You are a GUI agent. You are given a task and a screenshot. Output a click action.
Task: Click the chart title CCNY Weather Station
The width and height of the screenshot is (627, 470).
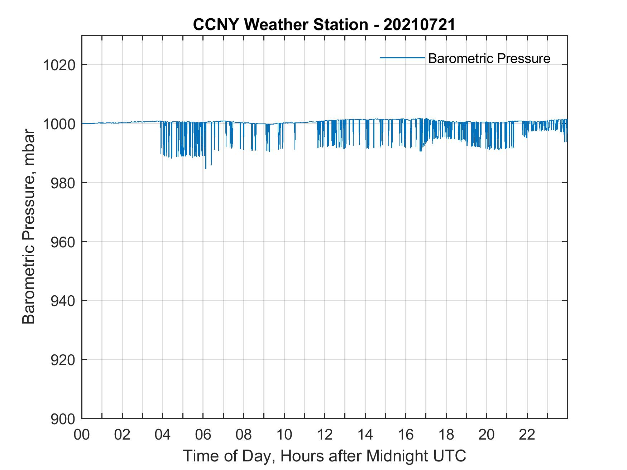[280, 25]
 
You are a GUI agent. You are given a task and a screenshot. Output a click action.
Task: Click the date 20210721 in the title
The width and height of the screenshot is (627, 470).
[419, 25]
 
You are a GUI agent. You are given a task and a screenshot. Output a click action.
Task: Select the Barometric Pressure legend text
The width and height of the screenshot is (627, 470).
[489, 58]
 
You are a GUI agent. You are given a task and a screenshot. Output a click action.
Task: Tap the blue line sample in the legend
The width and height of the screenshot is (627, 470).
[402, 58]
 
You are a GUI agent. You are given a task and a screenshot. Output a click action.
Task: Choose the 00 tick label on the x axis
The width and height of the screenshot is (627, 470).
[82, 435]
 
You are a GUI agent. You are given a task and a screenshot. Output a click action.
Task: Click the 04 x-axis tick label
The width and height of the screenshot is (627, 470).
[163, 435]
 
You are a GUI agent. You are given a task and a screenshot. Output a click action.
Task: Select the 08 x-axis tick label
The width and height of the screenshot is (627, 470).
[244, 435]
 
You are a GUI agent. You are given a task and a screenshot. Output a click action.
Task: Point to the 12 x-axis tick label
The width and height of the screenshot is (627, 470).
[325, 435]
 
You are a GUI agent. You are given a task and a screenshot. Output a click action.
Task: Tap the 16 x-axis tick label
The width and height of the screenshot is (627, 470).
[406, 435]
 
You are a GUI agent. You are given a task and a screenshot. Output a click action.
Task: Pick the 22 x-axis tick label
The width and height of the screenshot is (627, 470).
[527, 435]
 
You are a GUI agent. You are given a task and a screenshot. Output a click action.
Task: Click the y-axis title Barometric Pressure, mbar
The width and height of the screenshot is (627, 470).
[29, 227]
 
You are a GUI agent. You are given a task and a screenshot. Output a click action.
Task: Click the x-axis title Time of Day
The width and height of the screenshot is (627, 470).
[325, 456]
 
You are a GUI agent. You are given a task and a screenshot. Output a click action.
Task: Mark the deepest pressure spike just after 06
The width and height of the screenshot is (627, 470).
[206, 168]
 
